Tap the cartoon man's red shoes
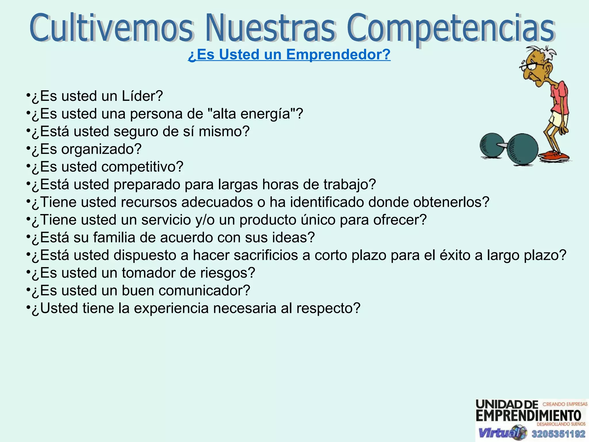[554, 156]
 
